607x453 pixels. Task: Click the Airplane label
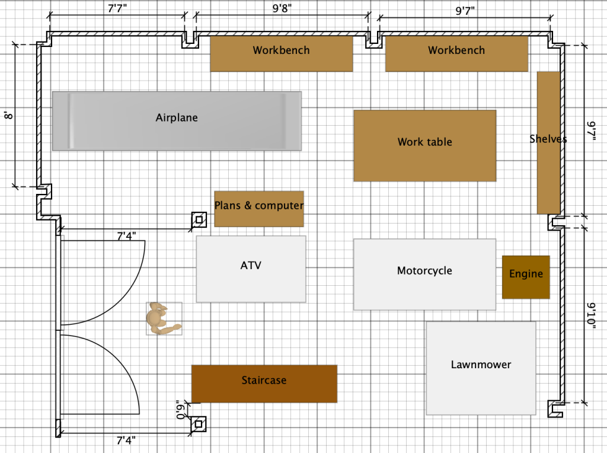point(177,118)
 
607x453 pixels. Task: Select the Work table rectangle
point(424,145)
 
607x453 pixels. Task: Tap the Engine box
point(526,277)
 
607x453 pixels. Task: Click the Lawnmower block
point(481,368)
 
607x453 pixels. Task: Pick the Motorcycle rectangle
point(424,274)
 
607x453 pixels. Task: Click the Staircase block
point(264,384)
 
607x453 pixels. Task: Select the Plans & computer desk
point(258,209)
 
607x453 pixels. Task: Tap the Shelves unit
point(548,142)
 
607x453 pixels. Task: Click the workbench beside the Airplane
point(282,54)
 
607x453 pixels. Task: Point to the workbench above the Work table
point(456,54)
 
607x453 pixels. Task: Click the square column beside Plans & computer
point(199,221)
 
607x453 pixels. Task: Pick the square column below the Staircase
point(199,425)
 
